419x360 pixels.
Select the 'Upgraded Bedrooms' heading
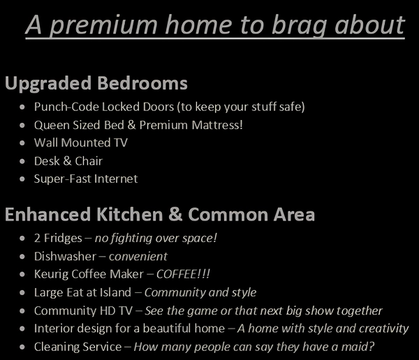coord(96,84)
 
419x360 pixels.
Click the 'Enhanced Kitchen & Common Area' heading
coord(160,214)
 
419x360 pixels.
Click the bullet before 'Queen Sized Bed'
coord(24,126)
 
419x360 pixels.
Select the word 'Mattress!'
coord(218,126)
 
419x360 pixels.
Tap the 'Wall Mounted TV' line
coord(80,143)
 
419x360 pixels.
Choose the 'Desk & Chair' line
coord(68,161)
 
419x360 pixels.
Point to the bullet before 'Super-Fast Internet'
coord(24,179)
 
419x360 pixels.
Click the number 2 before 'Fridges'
coord(38,238)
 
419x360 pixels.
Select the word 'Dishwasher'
coord(66,256)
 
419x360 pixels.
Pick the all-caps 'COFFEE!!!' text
coord(186,274)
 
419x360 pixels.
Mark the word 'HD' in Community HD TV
coord(102,310)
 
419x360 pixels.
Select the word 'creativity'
coord(381,329)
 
